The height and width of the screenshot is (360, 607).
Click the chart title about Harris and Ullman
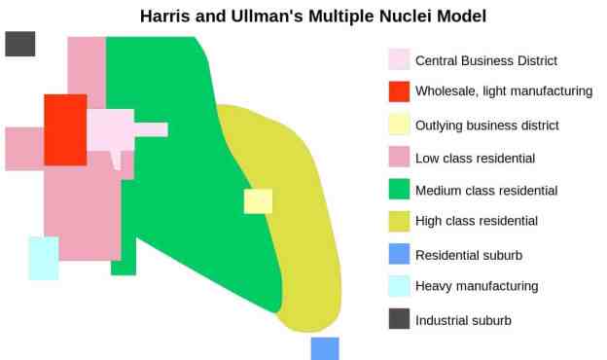click(x=312, y=17)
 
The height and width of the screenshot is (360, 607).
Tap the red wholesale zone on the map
click(x=65, y=129)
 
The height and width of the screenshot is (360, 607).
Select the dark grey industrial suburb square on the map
click(x=20, y=44)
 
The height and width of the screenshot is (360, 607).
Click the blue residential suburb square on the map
click(x=325, y=348)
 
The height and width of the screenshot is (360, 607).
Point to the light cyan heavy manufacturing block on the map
click(x=43, y=258)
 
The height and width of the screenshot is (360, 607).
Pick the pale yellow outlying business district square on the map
click(x=258, y=200)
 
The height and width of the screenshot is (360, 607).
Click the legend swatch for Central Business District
click(x=399, y=60)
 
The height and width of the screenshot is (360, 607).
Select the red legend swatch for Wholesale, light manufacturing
click(x=399, y=91)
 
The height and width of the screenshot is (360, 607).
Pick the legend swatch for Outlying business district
click(x=399, y=125)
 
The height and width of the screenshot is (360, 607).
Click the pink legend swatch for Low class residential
click(x=399, y=157)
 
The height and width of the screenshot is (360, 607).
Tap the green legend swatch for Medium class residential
click(x=399, y=189)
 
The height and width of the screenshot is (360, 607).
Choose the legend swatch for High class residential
click(x=399, y=221)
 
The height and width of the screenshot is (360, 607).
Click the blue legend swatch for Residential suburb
click(x=399, y=254)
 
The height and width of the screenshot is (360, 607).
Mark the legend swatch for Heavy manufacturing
click(x=399, y=286)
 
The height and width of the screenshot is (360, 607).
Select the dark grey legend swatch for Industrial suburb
click(x=399, y=318)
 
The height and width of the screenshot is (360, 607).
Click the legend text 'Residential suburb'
click(x=469, y=255)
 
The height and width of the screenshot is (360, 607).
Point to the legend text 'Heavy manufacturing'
click(x=477, y=287)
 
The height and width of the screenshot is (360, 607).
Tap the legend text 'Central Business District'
click(x=486, y=60)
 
